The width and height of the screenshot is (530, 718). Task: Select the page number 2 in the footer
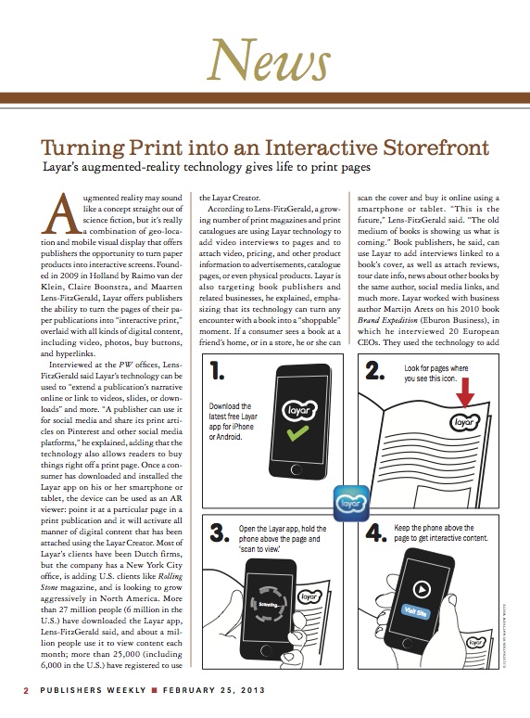[27, 691]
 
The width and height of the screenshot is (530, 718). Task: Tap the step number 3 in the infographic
[220, 534]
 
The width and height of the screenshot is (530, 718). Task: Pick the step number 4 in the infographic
[374, 534]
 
